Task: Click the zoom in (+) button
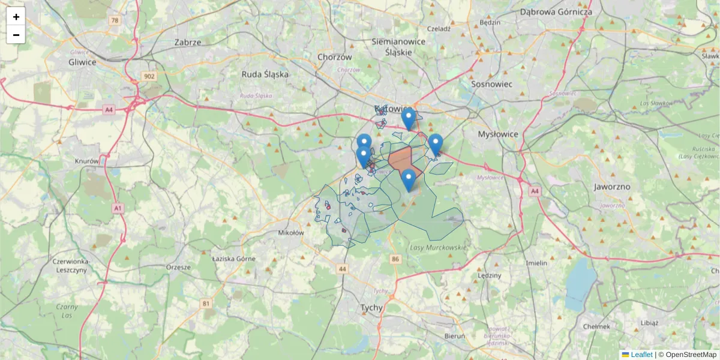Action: click(x=16, y=17)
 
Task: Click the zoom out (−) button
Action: click(x=16, y=35)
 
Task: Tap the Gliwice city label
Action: click(x=83, y=62)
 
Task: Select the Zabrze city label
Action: click(x=188, y=43)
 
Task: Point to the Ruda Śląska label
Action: click(x=265, y=74)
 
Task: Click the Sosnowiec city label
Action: click(x=492, y=84)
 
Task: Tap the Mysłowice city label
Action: click(x=497, y=134)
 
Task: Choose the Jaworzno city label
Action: click(x=612, y=187)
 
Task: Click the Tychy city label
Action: click(x=372, y=307)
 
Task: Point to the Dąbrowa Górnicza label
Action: click(x=556, y=11)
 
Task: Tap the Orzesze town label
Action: click(x=178, y=267)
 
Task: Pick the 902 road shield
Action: click(x=149, y=76)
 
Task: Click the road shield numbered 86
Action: click(x=394, y=259)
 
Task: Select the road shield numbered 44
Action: click(x=342, y=269)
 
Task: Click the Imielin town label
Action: click(x=536, y=263)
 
